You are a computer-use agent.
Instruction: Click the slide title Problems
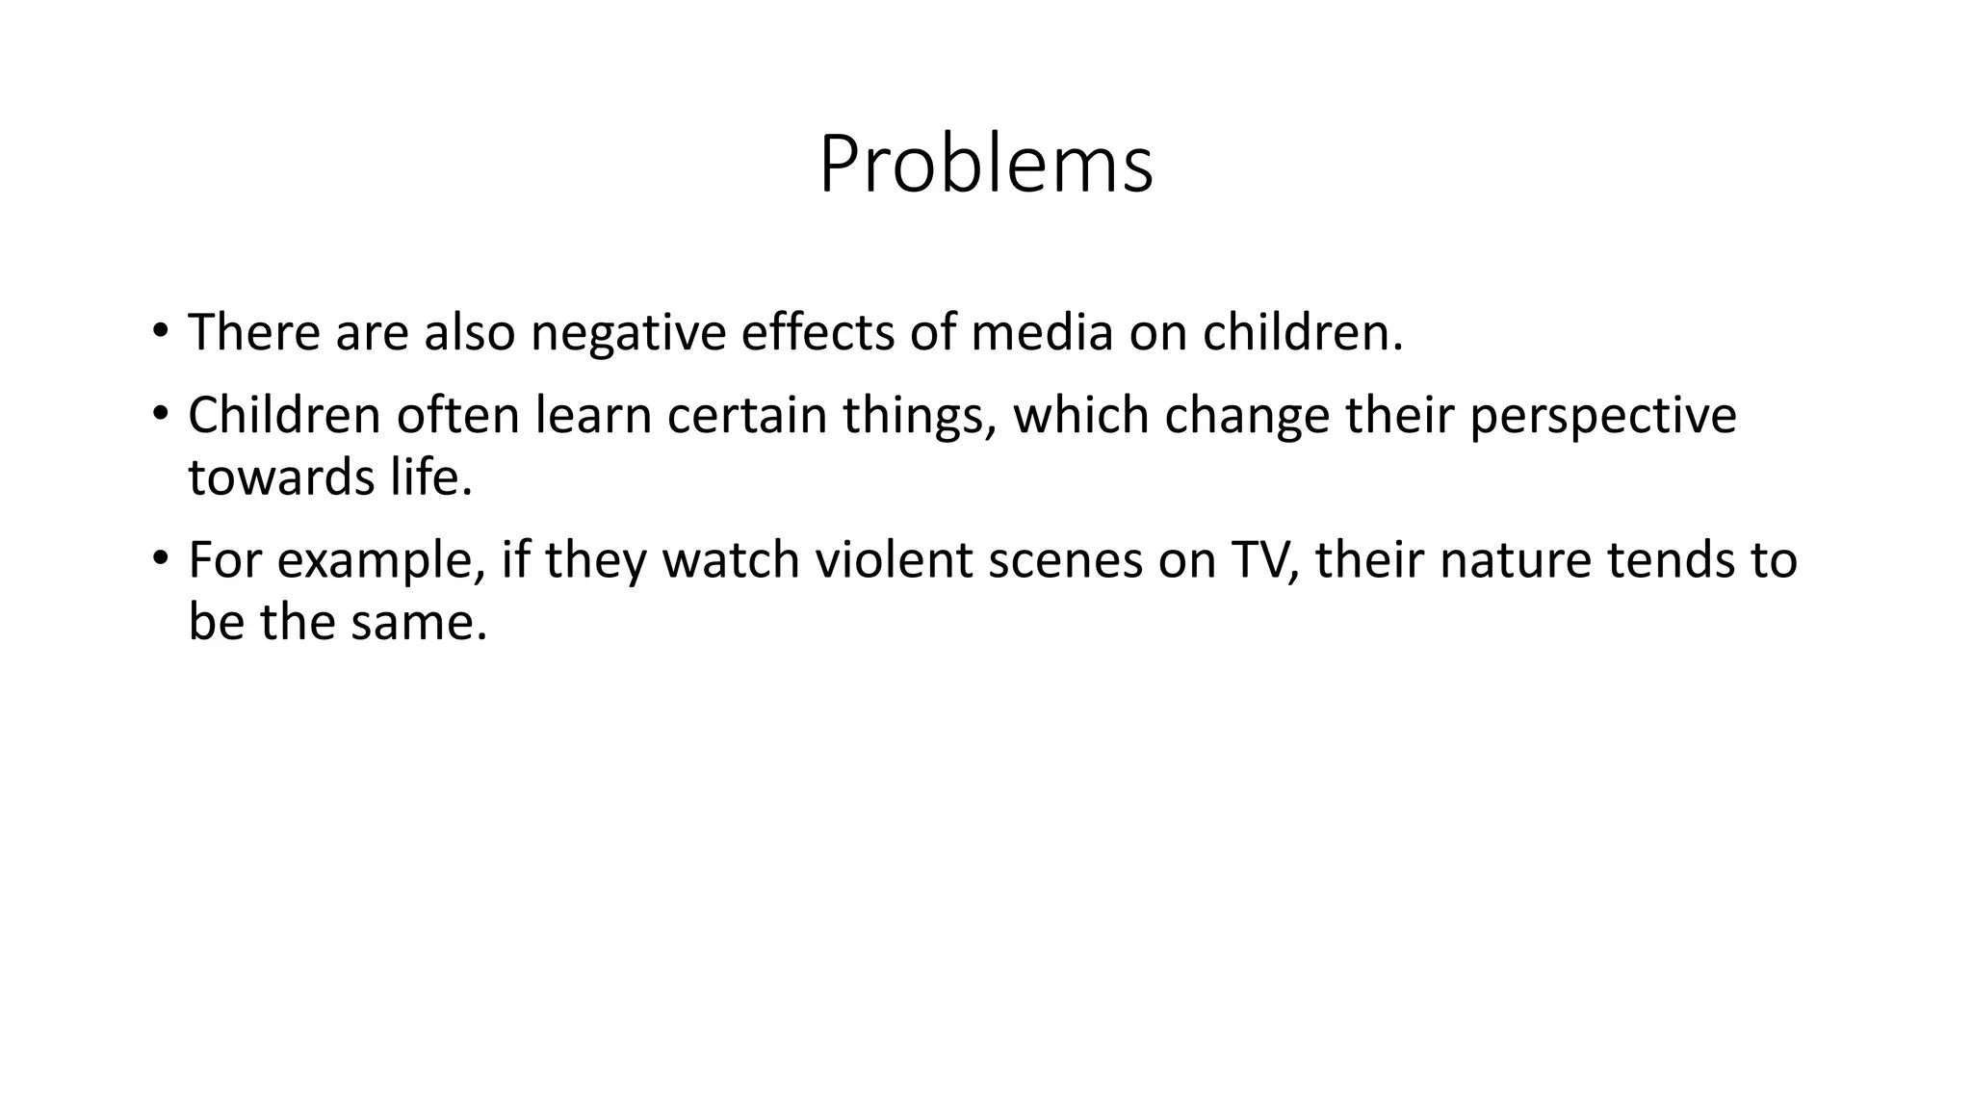pyautogui.click(x=985, y=165)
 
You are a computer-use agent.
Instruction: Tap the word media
pyautogui.click(x=1041, y=332)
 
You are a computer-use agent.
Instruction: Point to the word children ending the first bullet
pyautogui.click(x=1301, y=332)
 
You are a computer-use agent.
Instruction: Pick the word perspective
pyautogui.click(x=1602, y=417)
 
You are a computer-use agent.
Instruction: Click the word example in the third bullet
pyautogui.click(x=380, y=562)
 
